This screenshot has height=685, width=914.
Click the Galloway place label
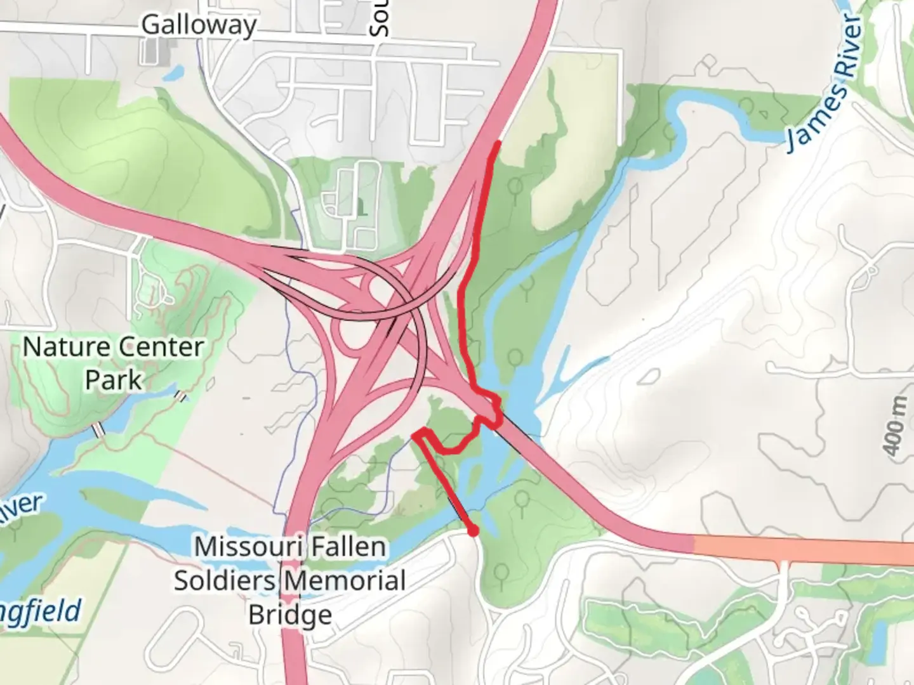(199, 25)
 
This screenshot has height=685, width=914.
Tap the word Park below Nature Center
(114, 381)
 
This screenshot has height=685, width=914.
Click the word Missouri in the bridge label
(236, 547)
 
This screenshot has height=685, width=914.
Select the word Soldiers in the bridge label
(225, 581)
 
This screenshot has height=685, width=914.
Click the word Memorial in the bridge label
(345, 581)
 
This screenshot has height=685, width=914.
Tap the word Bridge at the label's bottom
(290, 615)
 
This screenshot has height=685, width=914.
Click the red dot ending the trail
(472, 530)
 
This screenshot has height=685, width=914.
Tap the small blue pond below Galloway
(171, 74)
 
